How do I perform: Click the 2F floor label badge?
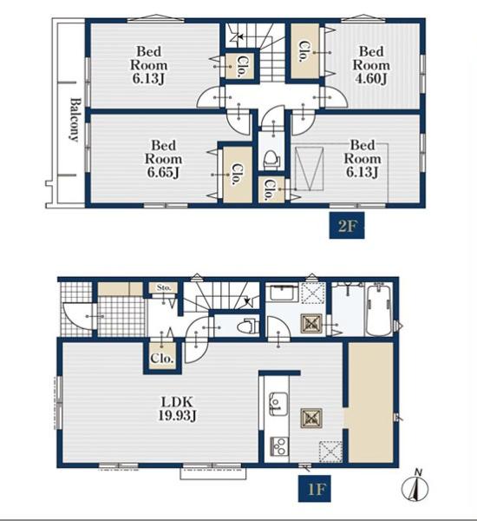347,226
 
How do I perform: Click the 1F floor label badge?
314,488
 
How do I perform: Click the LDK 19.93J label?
176,409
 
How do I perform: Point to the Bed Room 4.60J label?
371,65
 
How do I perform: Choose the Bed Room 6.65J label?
163,159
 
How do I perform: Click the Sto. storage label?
163,287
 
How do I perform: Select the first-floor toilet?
246,326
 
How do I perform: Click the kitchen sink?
278,404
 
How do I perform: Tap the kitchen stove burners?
280,446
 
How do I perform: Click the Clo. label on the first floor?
161,359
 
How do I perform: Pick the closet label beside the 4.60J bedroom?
304,51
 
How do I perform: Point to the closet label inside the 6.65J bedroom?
237,174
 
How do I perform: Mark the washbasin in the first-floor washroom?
283,293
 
